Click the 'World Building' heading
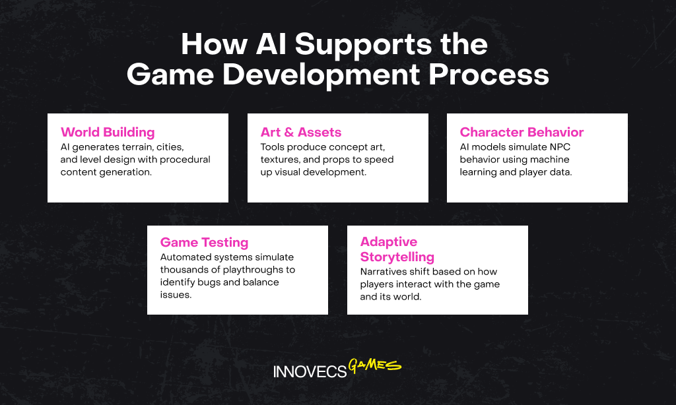coord(108,133)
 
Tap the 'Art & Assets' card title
coord(301,133)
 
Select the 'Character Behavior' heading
coord(522,133)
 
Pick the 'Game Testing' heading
coord(205,243)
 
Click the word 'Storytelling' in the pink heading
coord(397,257)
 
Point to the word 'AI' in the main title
coord(271,44)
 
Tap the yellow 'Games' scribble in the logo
coord(375,365)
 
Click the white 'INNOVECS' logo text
coord(310,371)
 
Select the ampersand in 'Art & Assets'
coord(289,133)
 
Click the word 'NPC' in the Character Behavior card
coord(560,147)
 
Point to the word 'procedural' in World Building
coord(185,160)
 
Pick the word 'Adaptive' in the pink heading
coord(389,242)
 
